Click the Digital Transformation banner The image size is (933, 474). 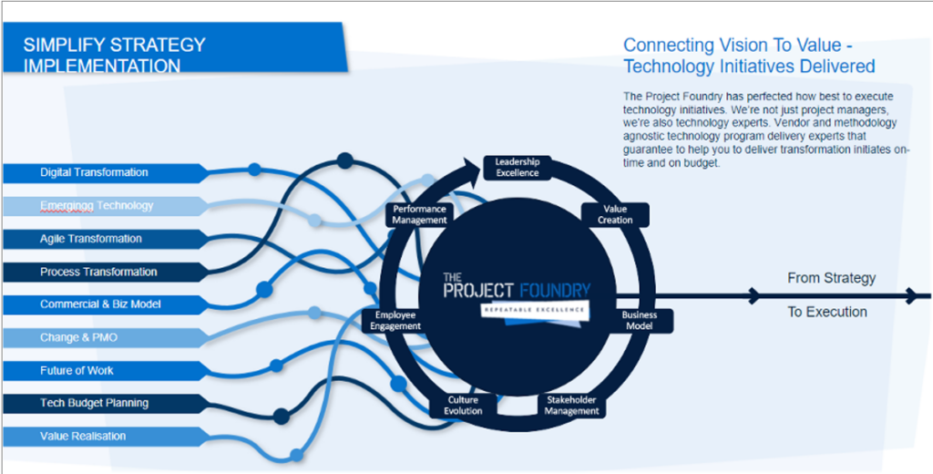pos(106,172)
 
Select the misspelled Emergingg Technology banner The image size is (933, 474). pos(106,206)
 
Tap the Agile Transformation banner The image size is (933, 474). pos(106,239)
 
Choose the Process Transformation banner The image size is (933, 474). pos(106,273)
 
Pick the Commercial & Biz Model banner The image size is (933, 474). pos(106,304)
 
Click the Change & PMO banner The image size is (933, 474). pos(106,337)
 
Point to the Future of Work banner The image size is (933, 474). pos(106,370)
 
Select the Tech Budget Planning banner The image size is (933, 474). pos(106,403)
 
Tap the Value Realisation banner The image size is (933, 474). pos(106,436)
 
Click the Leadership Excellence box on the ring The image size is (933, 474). pos(518,168)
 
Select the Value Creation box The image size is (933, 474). pos(615,215)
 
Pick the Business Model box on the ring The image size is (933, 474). pos(639,320)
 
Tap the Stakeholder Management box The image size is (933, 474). pos(571,405)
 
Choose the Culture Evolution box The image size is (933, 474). pos(463,405)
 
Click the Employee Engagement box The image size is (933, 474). pos(395,320)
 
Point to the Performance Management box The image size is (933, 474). pos(419,215)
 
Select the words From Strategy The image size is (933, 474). pos(831,278)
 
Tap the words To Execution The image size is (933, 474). pos(827,312)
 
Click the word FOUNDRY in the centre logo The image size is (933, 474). pos(555,291)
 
